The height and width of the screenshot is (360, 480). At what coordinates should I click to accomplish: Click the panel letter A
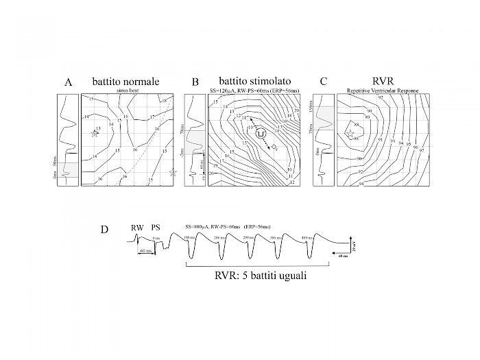point(69,83)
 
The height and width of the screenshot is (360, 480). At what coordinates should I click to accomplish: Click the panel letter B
point(195,83)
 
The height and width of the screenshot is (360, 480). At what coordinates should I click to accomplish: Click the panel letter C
point(323,83)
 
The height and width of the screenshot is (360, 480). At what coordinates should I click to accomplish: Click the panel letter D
point(104,229)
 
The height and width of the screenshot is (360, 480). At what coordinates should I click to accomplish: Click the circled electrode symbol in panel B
point(261,134)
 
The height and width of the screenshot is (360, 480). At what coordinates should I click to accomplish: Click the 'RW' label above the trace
point(137,226)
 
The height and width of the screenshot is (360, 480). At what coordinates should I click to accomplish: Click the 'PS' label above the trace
point(156,226)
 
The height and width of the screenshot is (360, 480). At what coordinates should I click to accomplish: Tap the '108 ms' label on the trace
point(191,237)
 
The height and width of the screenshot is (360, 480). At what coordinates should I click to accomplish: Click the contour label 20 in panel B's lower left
point(211,174)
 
